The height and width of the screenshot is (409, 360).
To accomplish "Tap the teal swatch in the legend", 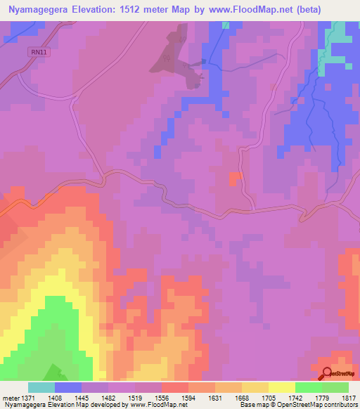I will pos(41,387).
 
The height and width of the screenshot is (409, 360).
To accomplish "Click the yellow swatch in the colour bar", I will pos(281,387).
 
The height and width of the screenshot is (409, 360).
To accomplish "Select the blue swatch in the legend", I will pos(68,387).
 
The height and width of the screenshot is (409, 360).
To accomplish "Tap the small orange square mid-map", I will pos(236,178).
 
